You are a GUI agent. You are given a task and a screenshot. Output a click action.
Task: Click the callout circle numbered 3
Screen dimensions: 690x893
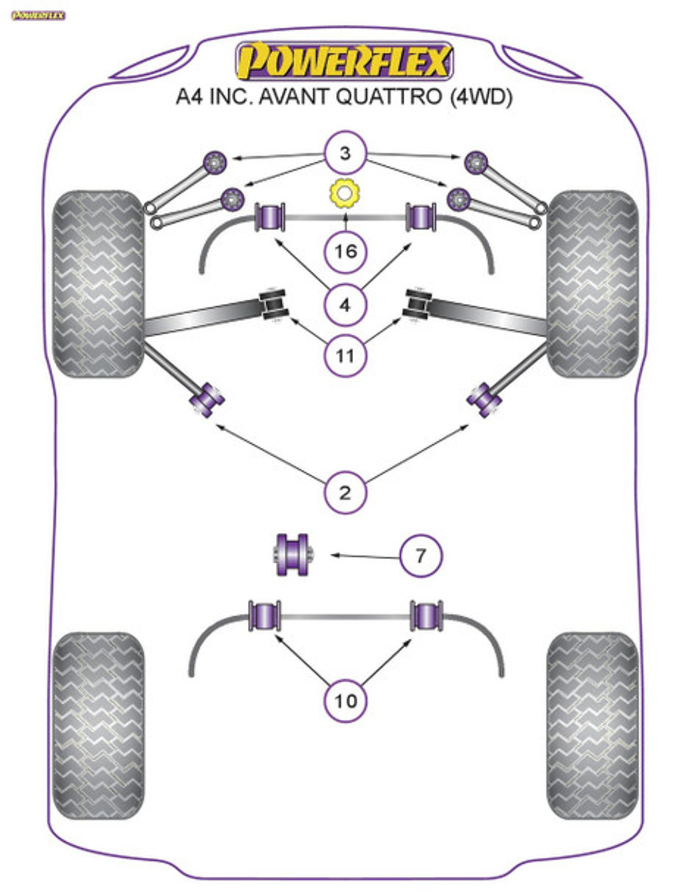point(345,153)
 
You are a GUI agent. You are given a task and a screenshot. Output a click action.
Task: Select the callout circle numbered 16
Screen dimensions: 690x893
point(345,251)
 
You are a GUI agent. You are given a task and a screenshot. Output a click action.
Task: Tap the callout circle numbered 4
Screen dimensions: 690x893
point(345,305)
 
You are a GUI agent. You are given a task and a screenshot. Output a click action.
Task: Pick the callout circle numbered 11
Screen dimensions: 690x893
point(345,355)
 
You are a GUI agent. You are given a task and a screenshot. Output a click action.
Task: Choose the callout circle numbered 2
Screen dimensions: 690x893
point(345,493)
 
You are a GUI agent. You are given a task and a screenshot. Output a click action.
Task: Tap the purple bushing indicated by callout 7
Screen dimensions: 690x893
point(293,555)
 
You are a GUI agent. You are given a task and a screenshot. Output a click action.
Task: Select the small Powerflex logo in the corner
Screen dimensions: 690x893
point(38,16)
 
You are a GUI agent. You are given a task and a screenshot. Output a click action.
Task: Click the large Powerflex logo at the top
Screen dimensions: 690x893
point(344,61)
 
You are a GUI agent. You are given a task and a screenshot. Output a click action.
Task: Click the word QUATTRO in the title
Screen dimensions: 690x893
point(388,97)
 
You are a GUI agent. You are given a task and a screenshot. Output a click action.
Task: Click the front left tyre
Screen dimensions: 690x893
point(98,284)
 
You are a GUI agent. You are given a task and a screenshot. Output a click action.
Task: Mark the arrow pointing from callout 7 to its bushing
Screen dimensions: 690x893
point(365,556)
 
